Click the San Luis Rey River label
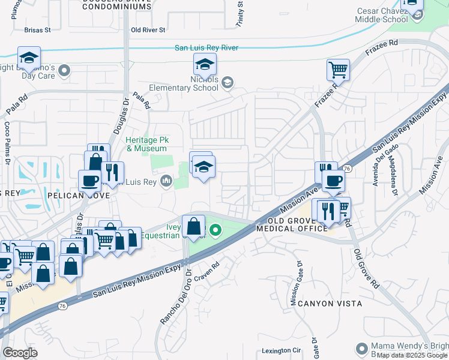coord(206,48)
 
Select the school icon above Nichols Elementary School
coord(205,64)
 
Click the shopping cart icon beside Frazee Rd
coord(338,70)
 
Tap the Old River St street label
coord(147,29)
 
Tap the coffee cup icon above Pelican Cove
coord(90,181)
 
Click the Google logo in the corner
coord(20,352)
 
